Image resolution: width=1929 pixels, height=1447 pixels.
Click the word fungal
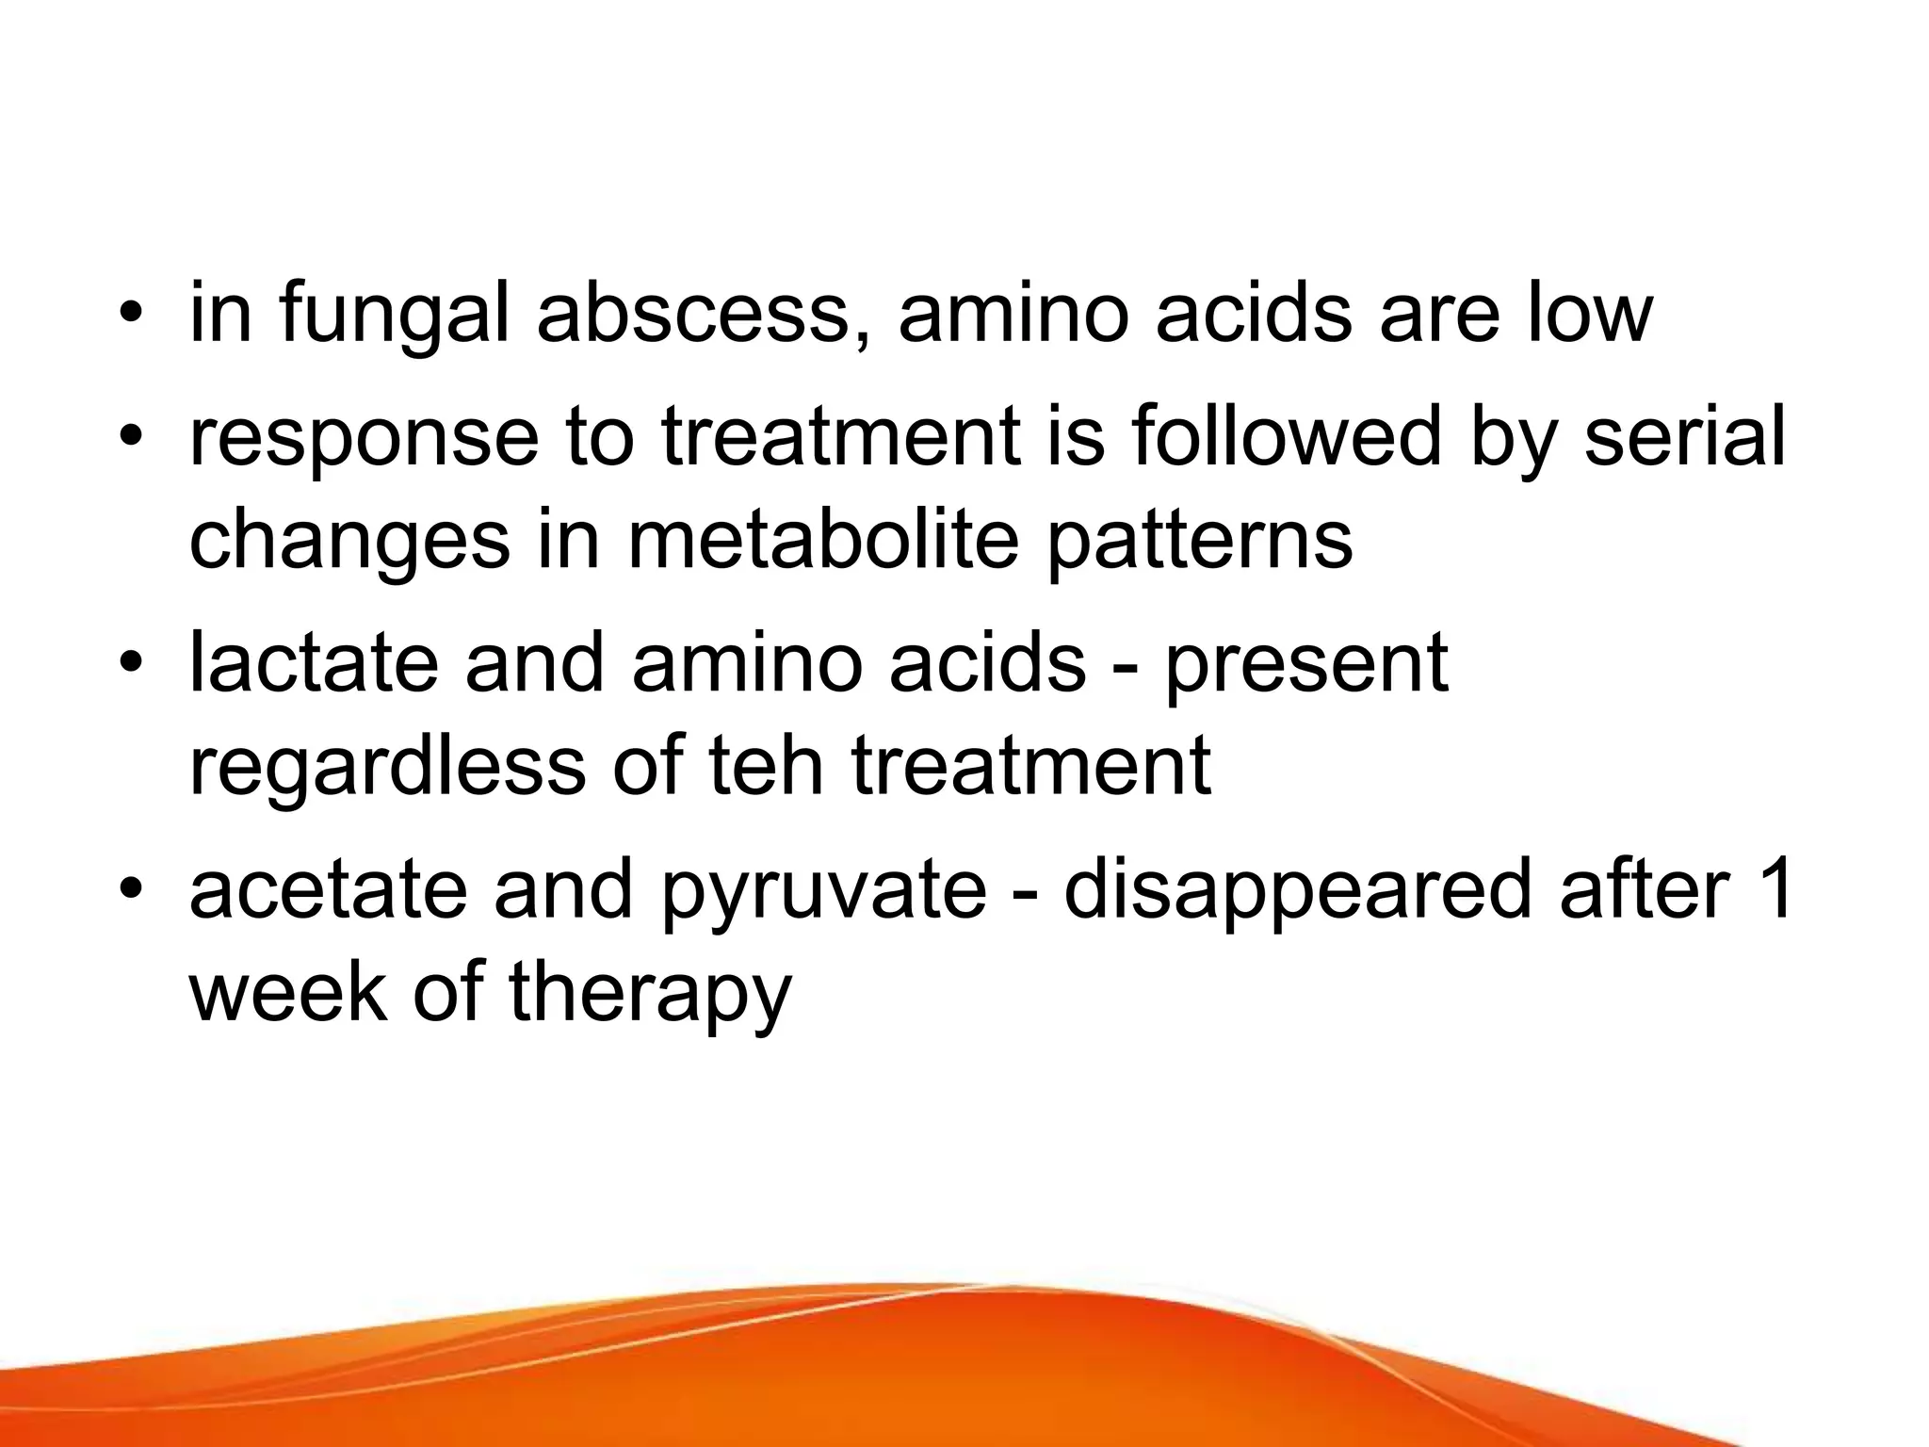(393, 316)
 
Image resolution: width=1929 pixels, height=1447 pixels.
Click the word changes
(349, 544)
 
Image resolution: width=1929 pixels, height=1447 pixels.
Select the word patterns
(1200, 544)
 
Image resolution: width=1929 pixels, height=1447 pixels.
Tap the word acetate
(328, 890)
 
